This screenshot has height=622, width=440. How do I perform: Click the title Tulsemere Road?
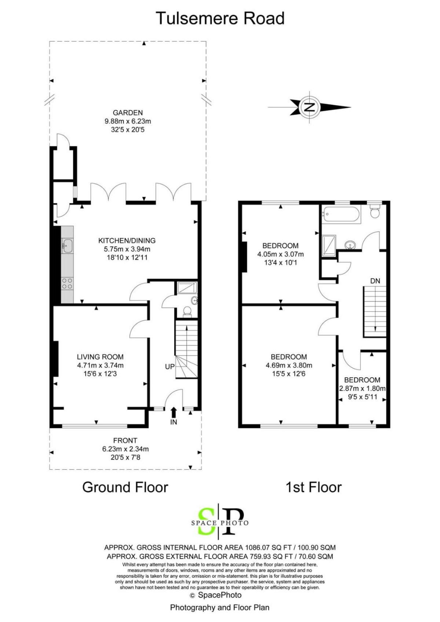(220, 18)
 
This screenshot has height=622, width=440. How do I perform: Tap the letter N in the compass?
(309, 107)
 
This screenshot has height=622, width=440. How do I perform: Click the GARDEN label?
(128, 113)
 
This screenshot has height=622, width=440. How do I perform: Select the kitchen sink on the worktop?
(67, 246)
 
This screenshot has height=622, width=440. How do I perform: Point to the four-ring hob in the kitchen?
(67, 283)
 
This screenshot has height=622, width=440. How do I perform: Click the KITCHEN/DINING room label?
(127, 241)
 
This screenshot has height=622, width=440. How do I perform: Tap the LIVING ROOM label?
(100, 357)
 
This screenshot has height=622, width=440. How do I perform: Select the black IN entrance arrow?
(174, 412)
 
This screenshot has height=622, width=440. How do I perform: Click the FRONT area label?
(125, 440)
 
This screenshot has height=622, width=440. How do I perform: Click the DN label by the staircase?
(375, 281)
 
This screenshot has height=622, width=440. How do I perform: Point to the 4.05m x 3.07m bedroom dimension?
(280, 254)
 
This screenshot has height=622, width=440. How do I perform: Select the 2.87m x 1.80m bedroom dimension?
(362, 388)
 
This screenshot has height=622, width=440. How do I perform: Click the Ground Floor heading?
(125, 487)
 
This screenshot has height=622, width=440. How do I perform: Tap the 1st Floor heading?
(314, 487)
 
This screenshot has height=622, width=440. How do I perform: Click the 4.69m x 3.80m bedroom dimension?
(289, 365)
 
